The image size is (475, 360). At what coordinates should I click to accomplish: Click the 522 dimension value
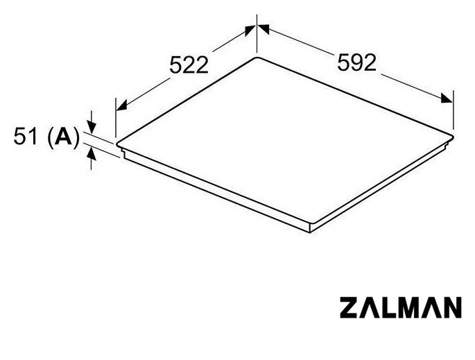[189, 65]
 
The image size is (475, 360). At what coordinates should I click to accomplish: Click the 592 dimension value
[357, 62]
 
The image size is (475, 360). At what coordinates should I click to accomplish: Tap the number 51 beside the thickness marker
[26, 137]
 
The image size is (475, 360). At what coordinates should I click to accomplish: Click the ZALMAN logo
[401, 307]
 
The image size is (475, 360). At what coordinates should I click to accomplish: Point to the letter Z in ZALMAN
[349, 307]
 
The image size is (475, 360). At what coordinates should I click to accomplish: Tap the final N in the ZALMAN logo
[451, 307]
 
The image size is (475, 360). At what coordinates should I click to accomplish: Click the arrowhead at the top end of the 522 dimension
[250, 31]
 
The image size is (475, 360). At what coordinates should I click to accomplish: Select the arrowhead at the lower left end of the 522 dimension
[121, 105]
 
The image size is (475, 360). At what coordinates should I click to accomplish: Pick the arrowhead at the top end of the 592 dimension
[264, 29]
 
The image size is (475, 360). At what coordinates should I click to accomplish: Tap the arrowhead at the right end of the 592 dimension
[447, 98]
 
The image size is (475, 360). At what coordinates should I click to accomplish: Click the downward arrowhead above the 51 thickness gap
[91, 127]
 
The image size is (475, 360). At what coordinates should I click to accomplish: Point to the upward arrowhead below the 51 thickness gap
[91, 154]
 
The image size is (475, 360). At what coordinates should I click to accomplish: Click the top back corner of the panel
[257, 58]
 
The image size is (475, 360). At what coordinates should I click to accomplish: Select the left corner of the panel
[117, 144]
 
